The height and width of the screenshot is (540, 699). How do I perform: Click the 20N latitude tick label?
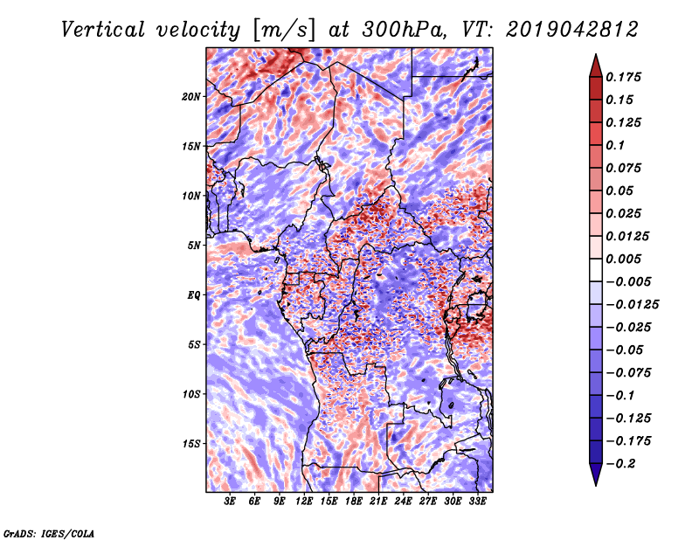pos(191,97)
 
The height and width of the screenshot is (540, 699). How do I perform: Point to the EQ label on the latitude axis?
pos(193,295)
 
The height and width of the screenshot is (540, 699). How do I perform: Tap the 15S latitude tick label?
pos(191,444)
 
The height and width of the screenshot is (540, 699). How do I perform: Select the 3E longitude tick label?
pos(230,502)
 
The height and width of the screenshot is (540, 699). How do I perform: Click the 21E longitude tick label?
pos(378,502)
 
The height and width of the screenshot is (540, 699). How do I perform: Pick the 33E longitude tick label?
pos(477,502)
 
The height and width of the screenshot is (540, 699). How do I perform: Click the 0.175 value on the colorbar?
pos(623,77)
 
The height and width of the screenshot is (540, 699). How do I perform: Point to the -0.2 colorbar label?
pos(620,464)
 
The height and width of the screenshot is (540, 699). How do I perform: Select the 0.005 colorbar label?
pos(623,259)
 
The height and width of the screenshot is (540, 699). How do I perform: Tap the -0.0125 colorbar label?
pos(632,305)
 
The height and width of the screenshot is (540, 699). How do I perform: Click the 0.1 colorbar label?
pos(615,145)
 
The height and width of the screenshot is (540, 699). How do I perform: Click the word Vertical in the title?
pos(103,30)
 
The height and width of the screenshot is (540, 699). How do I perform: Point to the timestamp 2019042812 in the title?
pos(572,30)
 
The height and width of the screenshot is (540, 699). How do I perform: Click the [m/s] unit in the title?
pos(284,30)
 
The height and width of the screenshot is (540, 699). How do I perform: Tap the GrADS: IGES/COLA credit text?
pos(49,533)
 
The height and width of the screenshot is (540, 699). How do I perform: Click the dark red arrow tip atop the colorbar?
pos(596,66)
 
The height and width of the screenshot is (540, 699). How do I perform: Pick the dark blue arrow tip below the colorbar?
pos(596,474)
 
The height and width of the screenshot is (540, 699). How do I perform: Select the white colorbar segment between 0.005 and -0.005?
pos(596,270)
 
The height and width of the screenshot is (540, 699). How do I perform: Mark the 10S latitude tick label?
pos(191,394)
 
